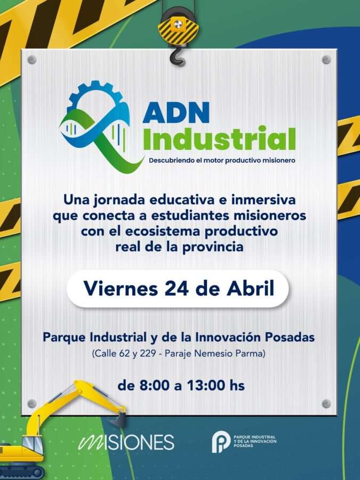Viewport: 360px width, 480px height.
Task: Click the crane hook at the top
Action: (176, 54)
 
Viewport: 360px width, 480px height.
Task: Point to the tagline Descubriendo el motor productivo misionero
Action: (222, 160)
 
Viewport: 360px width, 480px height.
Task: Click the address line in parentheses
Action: (179, 353)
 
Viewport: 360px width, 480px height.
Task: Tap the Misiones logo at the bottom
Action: (126, 442)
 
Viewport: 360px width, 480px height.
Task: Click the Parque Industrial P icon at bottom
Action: (220, 442)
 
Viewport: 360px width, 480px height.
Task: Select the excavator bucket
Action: (119, 419)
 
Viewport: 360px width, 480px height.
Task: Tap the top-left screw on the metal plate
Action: (31, 60)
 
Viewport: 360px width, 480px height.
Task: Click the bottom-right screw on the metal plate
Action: (326, 403)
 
